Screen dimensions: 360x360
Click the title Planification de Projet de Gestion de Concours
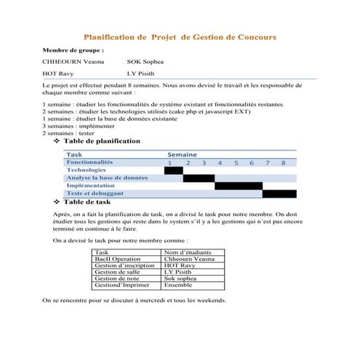[x=180, y=36]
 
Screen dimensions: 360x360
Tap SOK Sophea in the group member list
[x=151, y=63]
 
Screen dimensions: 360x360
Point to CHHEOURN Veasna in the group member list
[x=73, y=63]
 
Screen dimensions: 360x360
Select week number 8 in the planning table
[x=283, y=163]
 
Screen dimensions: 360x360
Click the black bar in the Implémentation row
[x=239, y=186]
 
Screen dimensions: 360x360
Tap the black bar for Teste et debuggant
[x=279, y=194]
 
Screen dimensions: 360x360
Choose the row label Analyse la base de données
[x=108, y=178]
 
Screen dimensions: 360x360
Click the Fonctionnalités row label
[x=90, y=162]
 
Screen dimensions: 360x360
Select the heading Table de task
[x=88, y=201]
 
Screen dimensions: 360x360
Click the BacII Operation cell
[x=118, y=259]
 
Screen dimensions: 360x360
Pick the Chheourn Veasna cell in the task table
[x=189, y=259]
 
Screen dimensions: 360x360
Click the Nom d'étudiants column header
[x=188, y=252]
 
